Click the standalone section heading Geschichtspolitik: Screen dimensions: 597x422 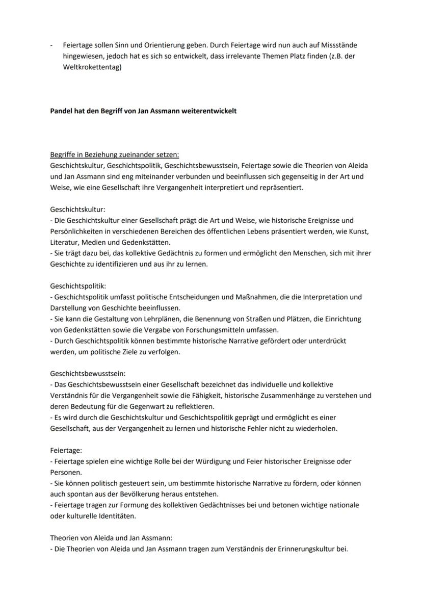(x=78, y=286)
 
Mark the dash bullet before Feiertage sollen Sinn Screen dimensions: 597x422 (x=51, y=45)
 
